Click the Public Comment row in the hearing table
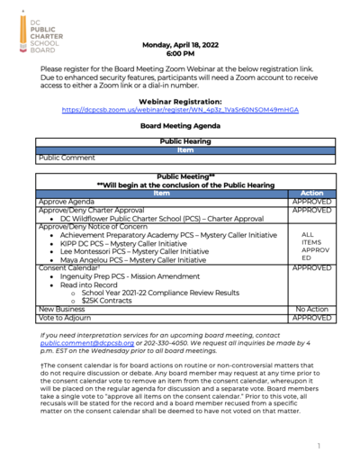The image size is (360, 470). (67, 158)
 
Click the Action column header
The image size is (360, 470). (312, 193)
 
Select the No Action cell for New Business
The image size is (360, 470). (312, 310)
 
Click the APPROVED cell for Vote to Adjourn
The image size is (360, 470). (312, 319)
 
